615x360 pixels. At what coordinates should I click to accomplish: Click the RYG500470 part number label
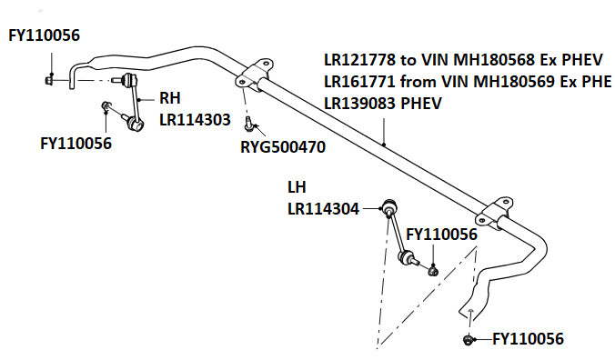point(283,147)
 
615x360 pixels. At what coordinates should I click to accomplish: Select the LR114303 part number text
point(195,120)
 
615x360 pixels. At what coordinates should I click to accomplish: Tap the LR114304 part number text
point(323,209)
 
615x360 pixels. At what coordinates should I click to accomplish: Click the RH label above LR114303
point(170,98)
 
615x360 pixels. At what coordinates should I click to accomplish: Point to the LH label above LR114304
point(297,187)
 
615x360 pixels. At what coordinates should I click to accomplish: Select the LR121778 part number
point(359,60)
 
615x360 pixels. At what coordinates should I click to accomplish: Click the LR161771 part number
point(359,82)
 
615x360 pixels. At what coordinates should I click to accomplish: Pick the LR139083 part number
point(359,104)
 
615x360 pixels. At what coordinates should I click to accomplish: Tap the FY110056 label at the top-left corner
point(44,35)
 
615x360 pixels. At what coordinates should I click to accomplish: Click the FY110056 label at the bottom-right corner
point(528,339)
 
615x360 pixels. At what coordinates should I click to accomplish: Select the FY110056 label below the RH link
point(76,144)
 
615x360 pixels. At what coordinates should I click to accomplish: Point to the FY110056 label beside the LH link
point(441,235)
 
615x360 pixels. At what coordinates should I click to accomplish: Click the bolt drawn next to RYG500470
point(248,124)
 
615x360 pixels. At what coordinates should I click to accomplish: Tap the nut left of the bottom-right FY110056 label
point(468,340)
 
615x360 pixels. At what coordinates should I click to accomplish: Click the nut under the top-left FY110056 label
point(49,80)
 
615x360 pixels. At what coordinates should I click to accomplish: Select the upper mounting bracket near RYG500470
point(254,75)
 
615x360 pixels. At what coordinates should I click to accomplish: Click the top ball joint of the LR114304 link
point(389,205)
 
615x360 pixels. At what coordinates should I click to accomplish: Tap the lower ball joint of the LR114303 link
point(136,125)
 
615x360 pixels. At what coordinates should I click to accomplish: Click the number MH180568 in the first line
point(494,60)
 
